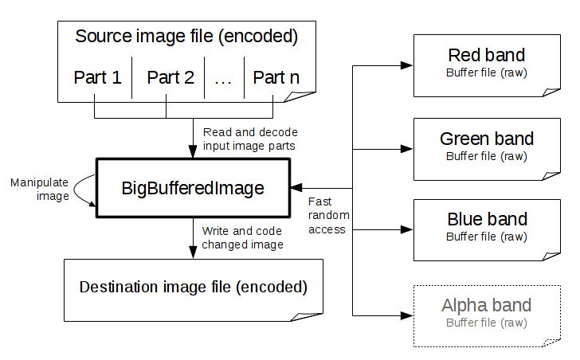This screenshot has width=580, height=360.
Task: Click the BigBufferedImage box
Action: (x=192, y=188)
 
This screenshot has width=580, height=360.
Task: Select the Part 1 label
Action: (x=97, y=77)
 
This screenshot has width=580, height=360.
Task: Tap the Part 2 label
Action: (x=170, y=77)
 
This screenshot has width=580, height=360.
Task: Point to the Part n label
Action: (x=276, y=77)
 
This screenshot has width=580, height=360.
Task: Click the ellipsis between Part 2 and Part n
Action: (x=223, y=78)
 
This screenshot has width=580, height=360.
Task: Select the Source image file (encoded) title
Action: (x=186, y=36)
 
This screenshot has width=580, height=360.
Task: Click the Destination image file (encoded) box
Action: (x=193, y=287)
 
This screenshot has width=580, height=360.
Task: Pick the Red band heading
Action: (x=487, y=55)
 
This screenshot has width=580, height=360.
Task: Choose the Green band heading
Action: (x=487, y=139)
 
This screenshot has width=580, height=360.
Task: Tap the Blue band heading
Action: (x=487, y=220)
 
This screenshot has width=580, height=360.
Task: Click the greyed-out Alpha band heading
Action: (x=486, y=305)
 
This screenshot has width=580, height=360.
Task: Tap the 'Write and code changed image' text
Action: (x=242, y=237)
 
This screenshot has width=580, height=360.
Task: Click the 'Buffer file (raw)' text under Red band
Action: (x=487, y=72)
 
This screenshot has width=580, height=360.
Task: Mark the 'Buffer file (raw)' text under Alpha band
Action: (x=486, y=322)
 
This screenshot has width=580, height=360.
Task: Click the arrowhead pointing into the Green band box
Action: (x=406, y=148)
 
